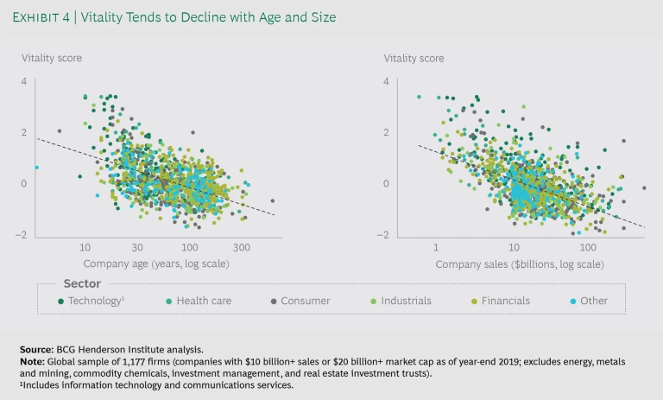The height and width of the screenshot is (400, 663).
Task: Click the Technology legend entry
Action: pyautogui.click(x=94, y=301)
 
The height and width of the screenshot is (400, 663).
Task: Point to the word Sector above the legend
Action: pyautogui.click(x=82, y=283)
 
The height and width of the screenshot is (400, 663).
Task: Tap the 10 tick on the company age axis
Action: pyautogui.click(x=85, y=246)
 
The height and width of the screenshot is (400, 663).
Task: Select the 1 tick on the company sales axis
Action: pyautogui.click(x=436, y=246)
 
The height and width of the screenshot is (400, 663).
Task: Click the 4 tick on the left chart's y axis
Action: pyautogui.click(x=24, y=81)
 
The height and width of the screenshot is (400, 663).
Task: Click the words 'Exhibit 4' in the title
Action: pyautogui.click(x=54, y=16)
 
